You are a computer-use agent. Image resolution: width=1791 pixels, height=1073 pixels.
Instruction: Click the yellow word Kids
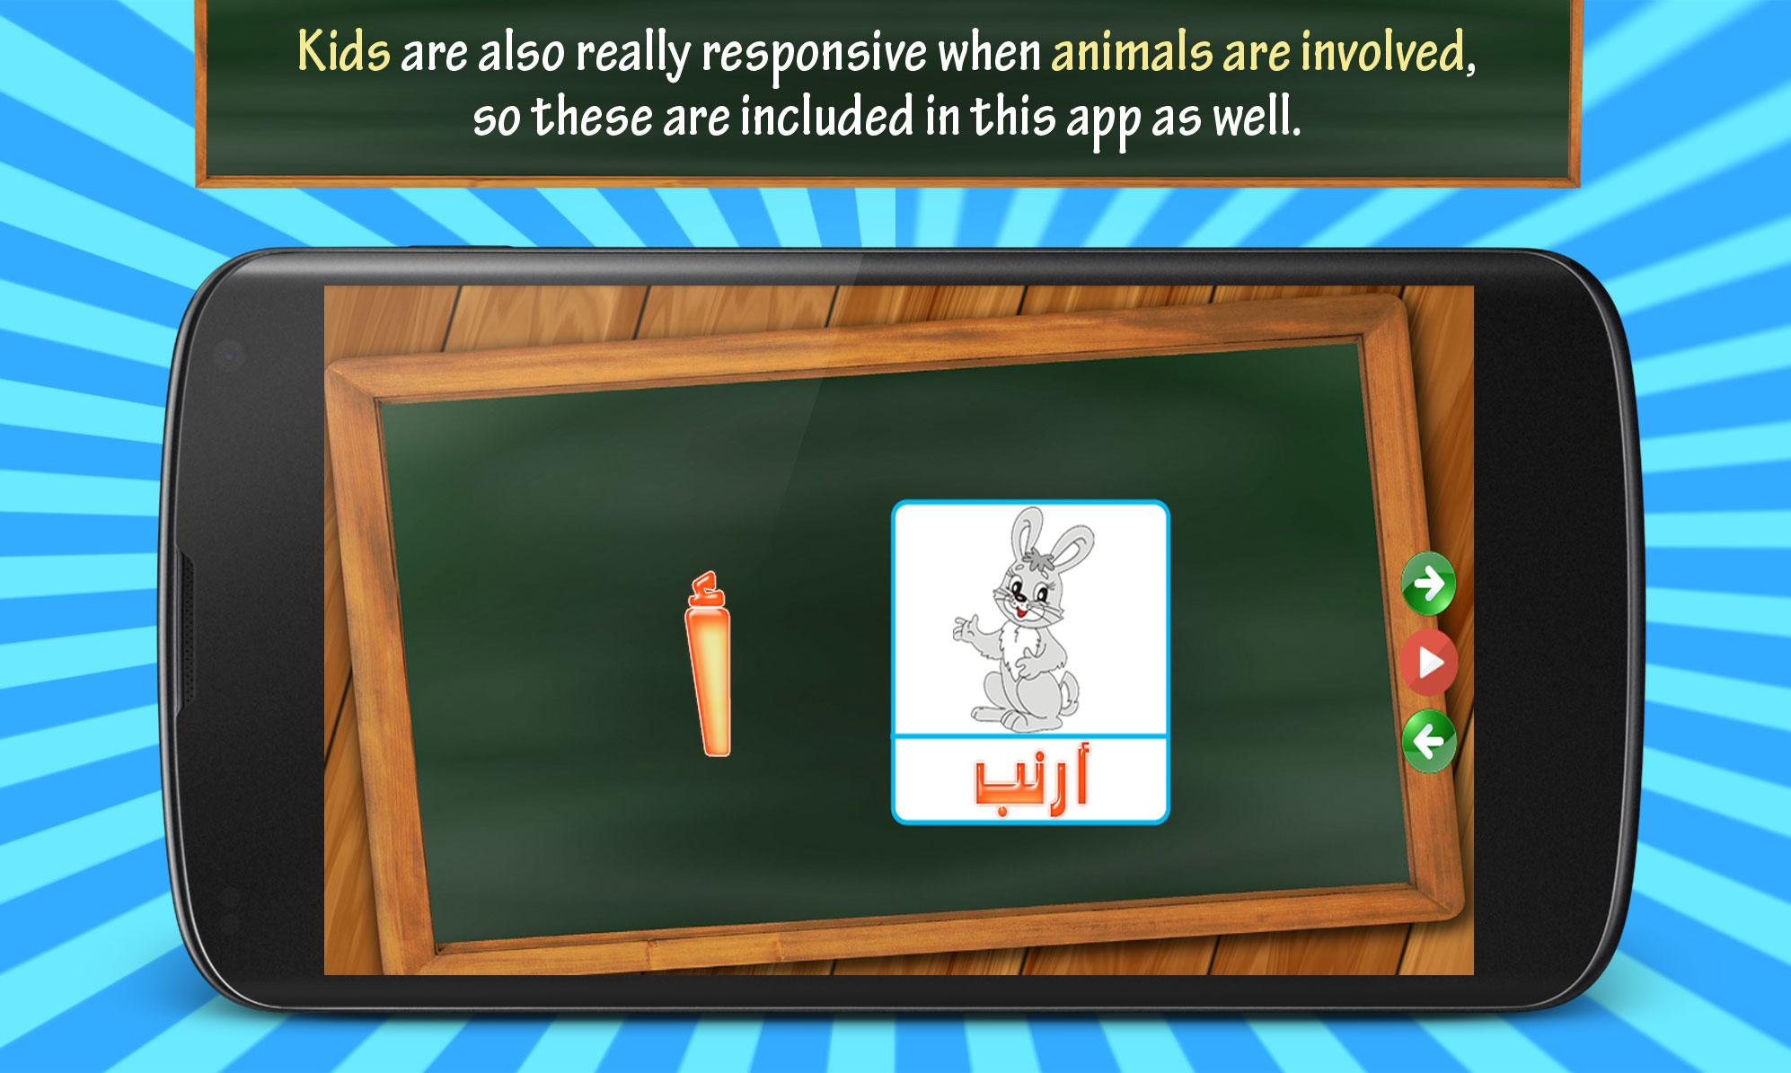pos(344,52)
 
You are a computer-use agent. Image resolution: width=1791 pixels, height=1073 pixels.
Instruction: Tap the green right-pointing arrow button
pos(1428,584)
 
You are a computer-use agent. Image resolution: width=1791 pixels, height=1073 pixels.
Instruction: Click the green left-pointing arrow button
pos(1428,742)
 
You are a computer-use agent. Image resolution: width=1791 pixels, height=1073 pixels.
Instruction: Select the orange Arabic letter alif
pos(709,664)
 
